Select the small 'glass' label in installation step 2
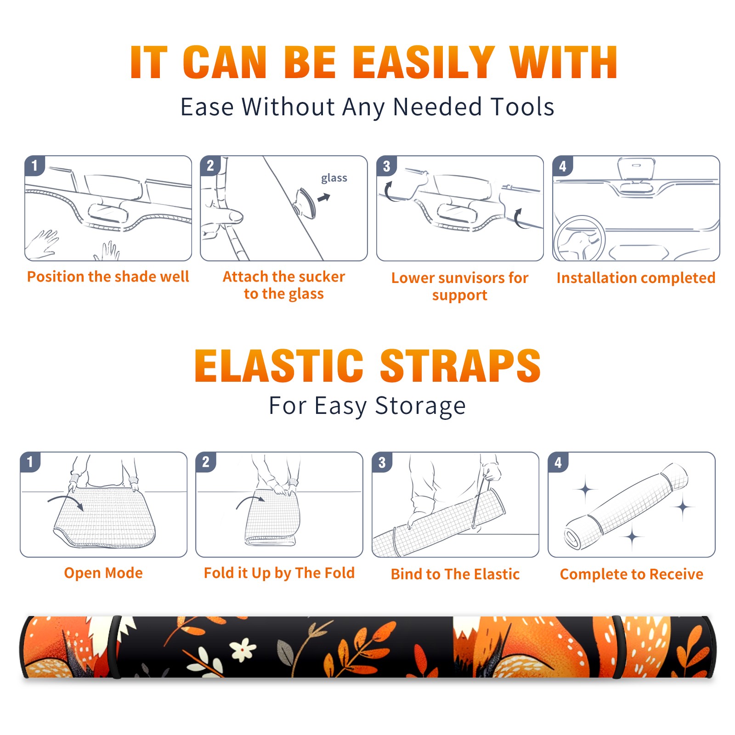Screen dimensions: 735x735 click(x=334, y=178)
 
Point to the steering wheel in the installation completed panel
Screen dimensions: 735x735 click(x=579, y=239)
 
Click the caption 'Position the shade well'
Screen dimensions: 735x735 click(x=108, y=277)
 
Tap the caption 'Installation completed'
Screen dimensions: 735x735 click(x=636, y=278)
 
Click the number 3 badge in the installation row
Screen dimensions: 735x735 click(x=386, y=166)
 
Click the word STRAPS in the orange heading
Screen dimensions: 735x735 click(x=460, y=366)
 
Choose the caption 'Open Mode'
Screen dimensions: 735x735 click(x=103, y=573)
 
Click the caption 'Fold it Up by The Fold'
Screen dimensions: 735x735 click(x=279, y=573)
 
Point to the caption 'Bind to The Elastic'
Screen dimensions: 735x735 click(x=455, y=574)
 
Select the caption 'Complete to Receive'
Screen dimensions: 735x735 click(x=632, y=574)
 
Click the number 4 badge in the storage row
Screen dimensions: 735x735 click(x=558, y=463)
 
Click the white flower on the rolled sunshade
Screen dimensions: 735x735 click(x=243, y=649)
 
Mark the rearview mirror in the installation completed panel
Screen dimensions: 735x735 click(x=636, y=169)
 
